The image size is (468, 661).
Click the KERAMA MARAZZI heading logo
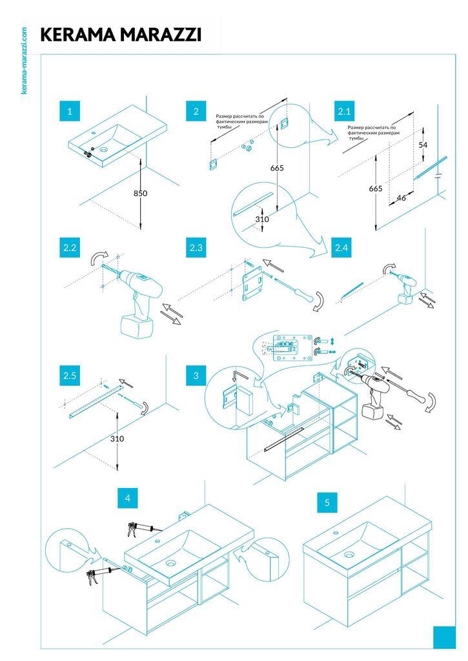[121, 35]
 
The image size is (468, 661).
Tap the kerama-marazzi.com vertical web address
[25, 61]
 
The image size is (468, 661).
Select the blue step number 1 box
[69, 111]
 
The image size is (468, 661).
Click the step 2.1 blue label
[345, 111]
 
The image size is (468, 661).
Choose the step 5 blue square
[327, 502]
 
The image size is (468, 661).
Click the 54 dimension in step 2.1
[423, 145]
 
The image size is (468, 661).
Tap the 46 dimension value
[401, 198]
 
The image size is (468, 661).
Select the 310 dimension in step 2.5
[117, 439]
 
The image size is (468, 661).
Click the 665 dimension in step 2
[277, 168]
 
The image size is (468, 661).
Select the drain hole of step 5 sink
[349, 554]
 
